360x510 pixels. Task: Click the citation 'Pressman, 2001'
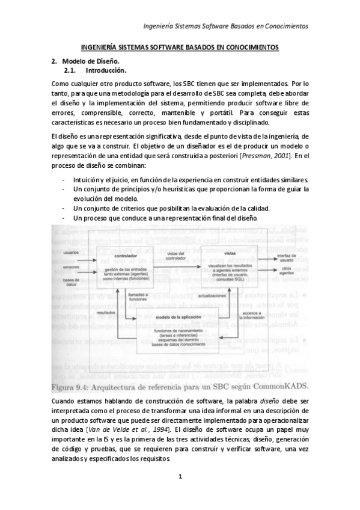(264, 156)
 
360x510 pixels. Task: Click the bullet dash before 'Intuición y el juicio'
(63, 179)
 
